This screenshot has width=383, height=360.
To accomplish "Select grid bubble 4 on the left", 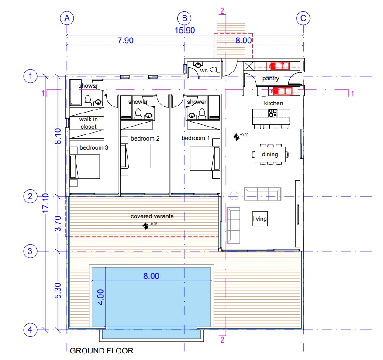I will point(30,330).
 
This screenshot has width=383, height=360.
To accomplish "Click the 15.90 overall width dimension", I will point(185,31).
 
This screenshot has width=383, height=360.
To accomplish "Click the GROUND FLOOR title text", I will point(102,350).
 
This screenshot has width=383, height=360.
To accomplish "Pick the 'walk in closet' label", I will point(88,123).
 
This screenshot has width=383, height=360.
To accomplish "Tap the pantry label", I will point(271,79).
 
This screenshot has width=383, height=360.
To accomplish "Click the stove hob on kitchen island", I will point(273,113).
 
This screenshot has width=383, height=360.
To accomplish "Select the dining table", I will point(270,154).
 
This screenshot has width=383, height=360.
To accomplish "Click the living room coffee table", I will point(260,219).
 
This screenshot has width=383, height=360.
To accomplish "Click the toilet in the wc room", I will point(214,69).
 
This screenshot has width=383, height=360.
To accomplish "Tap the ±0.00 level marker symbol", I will point(236,137).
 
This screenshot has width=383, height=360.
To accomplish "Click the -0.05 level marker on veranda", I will point(145,226).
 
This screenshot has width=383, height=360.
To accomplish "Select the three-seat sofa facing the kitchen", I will point(262,193).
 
